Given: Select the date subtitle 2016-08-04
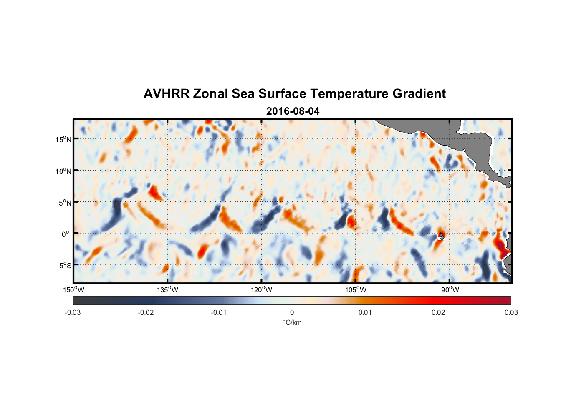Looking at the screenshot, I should pos(293,111).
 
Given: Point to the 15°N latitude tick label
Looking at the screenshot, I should pos(63,139).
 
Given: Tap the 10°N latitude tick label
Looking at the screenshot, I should pos(63,171).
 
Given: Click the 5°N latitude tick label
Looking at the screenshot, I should pos(65,203).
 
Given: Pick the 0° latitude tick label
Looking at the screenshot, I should pos(66,234).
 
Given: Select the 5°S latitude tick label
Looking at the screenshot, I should pos(65,265).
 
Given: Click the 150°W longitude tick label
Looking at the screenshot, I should pos(73,290).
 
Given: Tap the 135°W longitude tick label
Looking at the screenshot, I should pos(167,290).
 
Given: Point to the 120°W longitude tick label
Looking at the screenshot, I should pos(261,290).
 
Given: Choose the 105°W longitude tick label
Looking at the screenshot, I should pos(356,290).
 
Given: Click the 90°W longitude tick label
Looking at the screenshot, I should pos(450,290).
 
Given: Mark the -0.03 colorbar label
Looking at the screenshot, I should pos(73,312).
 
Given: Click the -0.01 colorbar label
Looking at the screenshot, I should pos(219,312).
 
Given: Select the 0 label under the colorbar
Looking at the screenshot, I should pos(292,312).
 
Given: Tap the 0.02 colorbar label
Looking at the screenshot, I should pos(438,312).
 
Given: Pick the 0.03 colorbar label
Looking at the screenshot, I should pos(511,312).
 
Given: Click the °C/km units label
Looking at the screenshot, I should pos(292,322).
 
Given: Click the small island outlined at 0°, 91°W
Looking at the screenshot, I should pos(441,236).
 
